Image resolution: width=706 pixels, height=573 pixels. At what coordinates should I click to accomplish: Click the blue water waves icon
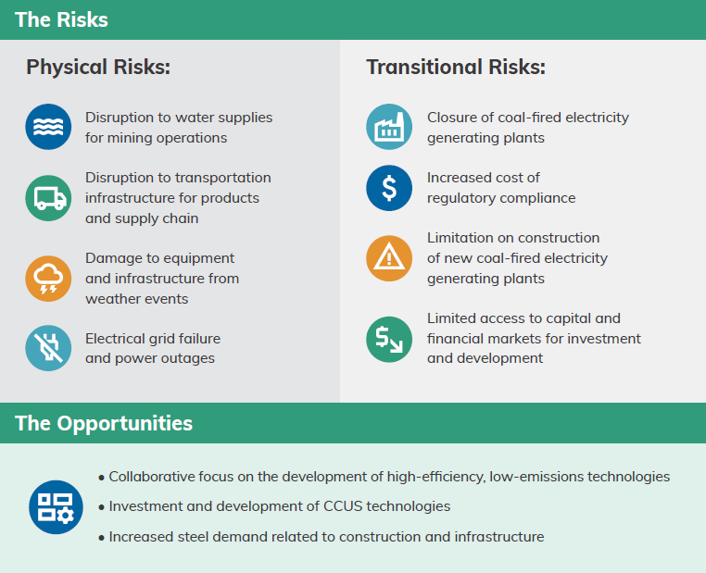[48, 127]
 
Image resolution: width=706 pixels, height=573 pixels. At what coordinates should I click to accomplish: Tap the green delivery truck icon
[48, 198]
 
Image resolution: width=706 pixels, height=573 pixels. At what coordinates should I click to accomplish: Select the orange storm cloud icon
[48, 279]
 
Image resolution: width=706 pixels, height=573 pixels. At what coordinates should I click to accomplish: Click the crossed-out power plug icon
[48, 348]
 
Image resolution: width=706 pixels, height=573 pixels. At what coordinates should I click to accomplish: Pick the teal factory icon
[389, 127]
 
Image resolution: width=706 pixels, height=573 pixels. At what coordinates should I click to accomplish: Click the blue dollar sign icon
[389, 188]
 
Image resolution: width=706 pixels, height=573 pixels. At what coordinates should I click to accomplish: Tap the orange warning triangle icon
[389, 258]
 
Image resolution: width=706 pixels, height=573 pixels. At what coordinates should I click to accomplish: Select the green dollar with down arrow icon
[389, 339]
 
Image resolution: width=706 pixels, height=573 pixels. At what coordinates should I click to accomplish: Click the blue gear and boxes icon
[56, 507]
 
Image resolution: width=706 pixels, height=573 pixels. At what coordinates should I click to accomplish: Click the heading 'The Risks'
[61, 19]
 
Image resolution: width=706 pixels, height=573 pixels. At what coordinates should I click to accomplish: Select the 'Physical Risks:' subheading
[98, 67]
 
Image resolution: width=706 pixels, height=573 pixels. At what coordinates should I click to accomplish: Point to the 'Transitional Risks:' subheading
[456, 67]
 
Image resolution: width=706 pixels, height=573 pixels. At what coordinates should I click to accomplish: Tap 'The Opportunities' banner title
[104, 423]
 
